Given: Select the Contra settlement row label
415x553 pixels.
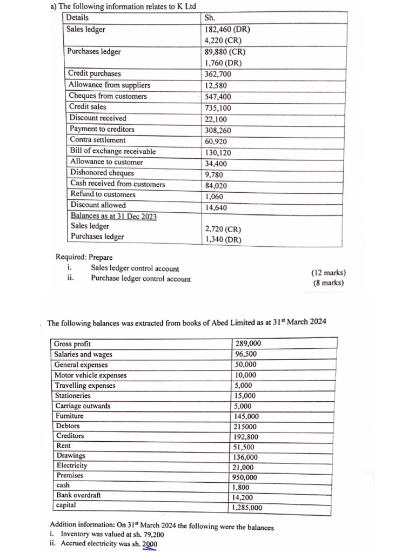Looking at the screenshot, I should tap(97, 140).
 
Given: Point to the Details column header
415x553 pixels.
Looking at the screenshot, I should tap(77, 17).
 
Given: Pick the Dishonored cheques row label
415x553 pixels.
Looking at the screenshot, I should tap(102, 173).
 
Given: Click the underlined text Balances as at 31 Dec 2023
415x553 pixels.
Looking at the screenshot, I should tap(113, 216).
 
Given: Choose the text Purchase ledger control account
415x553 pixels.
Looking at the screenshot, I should tap(140, 279).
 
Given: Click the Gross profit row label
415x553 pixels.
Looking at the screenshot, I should tap(72, 344).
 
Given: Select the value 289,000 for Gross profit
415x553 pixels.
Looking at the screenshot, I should tap(248, 343).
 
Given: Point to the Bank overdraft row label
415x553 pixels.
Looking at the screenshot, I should tap(78, 495).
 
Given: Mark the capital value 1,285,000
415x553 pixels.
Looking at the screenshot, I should tap(247, 508).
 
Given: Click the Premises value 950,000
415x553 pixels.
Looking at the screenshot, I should tap(246, 477).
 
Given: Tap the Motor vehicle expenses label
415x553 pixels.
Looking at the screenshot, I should tap(90, 375).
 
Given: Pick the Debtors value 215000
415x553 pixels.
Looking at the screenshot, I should tap(246, 427).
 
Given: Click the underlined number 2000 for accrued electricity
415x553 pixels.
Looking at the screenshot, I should tap(150, 544).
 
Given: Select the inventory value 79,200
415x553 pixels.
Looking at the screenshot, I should tap(152, 535).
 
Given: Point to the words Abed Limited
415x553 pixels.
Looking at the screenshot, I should tap(213, 323).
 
